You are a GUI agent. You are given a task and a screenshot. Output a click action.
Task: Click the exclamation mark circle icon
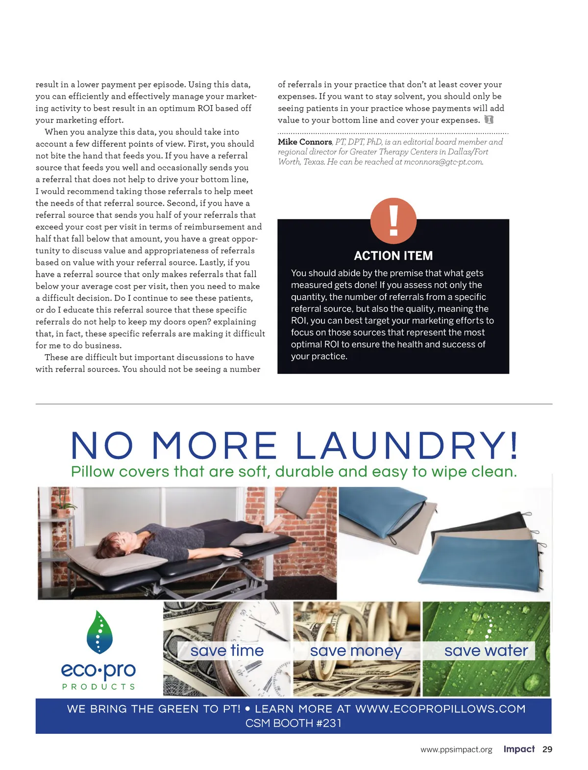(393, 221)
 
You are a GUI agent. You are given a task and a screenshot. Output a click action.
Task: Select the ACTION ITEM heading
(393, 256)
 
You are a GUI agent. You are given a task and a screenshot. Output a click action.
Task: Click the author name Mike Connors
(305, 142)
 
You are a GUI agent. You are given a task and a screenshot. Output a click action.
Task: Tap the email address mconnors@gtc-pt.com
(443, 162)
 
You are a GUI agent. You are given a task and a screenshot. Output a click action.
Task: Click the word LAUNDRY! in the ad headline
(407, 446)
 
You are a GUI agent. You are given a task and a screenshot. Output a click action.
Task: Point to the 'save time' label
(227, 650)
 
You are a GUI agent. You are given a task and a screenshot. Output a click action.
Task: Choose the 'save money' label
(356, 650)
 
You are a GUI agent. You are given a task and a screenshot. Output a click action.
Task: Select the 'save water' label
(486, 650)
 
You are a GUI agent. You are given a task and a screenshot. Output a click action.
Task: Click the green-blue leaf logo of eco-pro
(99, 632)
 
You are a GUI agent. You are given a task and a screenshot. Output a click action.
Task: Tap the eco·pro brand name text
(98, 670)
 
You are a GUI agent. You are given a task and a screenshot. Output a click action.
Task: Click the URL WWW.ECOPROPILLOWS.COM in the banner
(440, 709)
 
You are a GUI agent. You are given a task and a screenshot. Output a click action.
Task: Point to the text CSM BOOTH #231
(294, 723)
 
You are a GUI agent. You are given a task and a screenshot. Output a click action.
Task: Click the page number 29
(547, 749)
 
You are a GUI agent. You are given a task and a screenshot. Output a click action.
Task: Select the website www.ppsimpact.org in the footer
(456, 750)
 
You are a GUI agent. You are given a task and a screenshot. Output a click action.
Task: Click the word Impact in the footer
(519, 749)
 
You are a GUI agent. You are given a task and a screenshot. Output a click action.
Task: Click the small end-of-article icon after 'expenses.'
(489, 120)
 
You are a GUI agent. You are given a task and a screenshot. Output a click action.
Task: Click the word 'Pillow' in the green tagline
(93, 472)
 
